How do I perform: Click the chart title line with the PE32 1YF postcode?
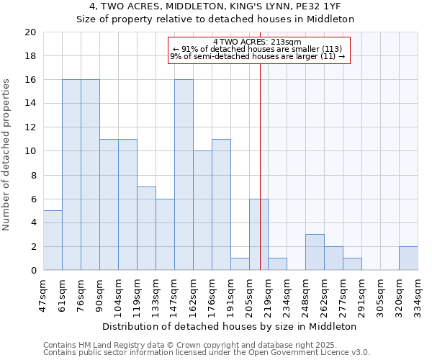click(x=215, y=7)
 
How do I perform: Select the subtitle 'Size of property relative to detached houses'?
click(x=215, y=19)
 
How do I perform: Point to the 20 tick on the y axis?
click(x=30, y=32)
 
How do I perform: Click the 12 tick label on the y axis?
click(x=30, y=127)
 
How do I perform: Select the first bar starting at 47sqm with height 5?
click(x=53, y=240)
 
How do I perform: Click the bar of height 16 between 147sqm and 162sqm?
click(x=184, y=175)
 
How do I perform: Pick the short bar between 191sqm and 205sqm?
click(x=240, y=264)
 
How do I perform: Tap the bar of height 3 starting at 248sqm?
click(x=315, y=253)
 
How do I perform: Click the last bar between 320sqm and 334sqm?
click(x=408, y=258)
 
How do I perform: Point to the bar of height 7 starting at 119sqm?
click(x=146, y=228)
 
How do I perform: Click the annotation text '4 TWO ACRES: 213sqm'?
click(x=258, y=42)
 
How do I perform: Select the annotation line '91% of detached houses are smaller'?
click(x=258, y=49)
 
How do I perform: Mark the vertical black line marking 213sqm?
click(x=260, y=180)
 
